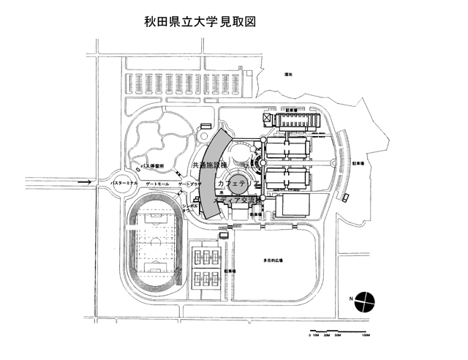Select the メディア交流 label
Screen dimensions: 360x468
click(235, 199)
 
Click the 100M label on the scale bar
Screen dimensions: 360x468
click(366, 333)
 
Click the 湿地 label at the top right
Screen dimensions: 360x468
click(290, 75)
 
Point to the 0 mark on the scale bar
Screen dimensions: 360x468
click(310, 333)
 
